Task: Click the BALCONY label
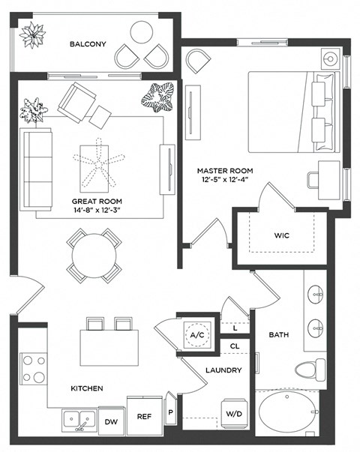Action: point(88,44)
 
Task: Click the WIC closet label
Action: point(281,235)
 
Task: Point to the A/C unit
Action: point(198,334)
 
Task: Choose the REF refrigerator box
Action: point(143,415)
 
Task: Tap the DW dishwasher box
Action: point(111,421)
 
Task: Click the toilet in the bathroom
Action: point(309,369)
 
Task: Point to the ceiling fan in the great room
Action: point(99,165)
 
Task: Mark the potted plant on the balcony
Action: point(33,35)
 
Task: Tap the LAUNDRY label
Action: point(223,370)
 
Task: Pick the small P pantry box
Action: point(169,412)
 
